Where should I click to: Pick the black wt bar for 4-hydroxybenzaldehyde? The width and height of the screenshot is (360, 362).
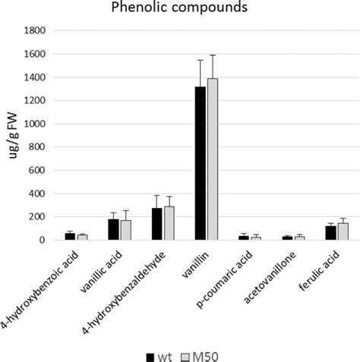(157, 224)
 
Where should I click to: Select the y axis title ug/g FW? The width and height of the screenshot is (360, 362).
(10, 135)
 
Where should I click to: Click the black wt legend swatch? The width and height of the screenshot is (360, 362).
(150, 354)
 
